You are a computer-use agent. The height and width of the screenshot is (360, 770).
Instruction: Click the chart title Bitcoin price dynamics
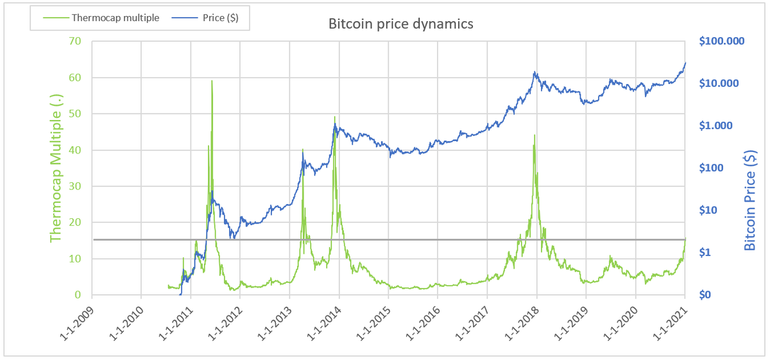click(x=401, y=24)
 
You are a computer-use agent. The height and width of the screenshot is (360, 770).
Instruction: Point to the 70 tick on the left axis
click(x=76, y=42)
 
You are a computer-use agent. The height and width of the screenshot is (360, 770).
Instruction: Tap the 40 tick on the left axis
click(x=76, y=150)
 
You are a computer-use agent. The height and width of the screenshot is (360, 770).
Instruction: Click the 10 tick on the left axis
click(x=76, y=259)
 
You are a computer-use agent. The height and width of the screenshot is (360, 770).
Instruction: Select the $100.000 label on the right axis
click(x=721, y=42)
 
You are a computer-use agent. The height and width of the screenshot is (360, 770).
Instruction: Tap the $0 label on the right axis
click(x=706, y=295)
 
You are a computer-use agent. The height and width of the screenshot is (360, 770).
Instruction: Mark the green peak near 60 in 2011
click(x=212, y=81)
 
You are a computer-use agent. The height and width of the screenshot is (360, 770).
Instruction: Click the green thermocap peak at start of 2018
click(x=534, y=135)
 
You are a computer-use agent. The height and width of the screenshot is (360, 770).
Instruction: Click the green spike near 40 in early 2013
click(x=303, y=150)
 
